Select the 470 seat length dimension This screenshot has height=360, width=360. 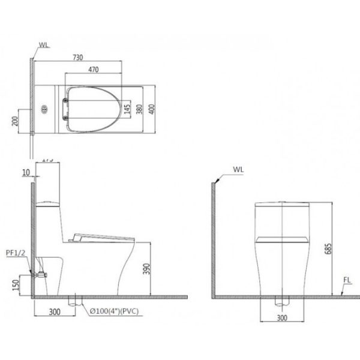pos(93,70)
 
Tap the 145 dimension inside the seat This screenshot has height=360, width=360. pos(127,109)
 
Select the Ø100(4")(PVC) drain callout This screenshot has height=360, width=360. pos(114,312)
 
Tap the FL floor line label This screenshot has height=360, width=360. pos(347,279)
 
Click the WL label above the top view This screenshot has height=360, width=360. pos(43,44)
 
